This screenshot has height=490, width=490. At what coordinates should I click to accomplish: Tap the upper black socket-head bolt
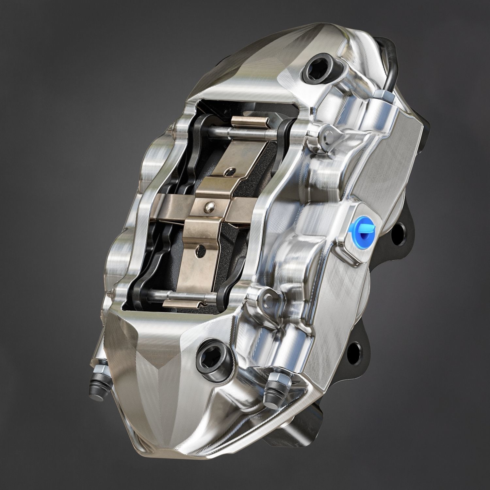(x=315, y=70)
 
